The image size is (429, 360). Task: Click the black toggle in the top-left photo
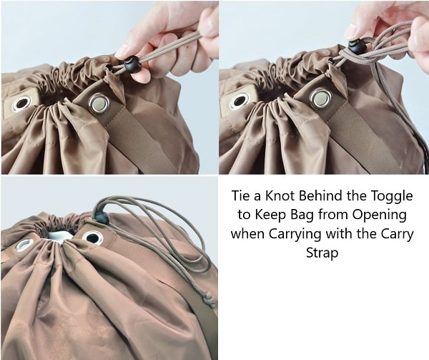133,64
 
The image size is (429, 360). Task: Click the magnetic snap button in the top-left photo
99,104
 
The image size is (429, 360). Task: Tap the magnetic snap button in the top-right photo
320,98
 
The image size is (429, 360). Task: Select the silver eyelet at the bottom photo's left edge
24,245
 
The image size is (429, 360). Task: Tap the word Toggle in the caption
391,197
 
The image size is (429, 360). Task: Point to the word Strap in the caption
322,253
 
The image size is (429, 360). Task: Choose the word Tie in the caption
240,196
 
